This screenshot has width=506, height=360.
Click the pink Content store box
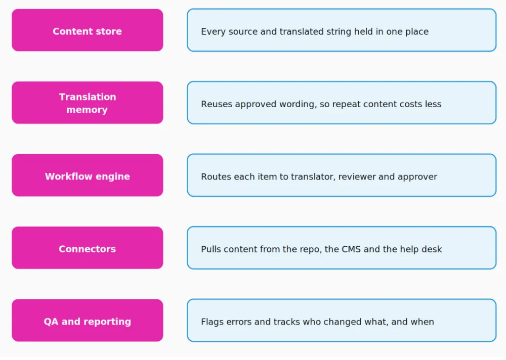coord(88,30)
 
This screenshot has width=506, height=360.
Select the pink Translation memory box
coord(88,103)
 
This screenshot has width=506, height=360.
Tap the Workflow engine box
coord(88,175)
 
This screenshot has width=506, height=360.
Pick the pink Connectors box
coord(88,248)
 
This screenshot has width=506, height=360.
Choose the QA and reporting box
coord(88,321)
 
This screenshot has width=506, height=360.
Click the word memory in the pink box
coord(87,110)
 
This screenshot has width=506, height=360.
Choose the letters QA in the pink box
coord(51,322)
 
